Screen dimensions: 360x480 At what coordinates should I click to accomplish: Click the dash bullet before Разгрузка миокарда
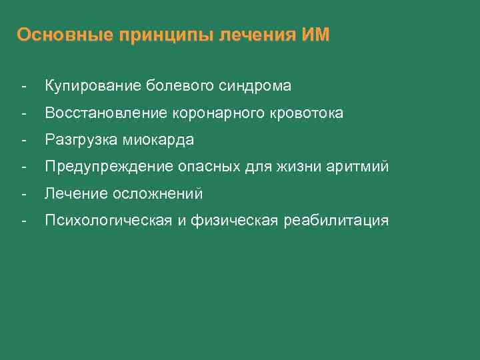pos(24,140)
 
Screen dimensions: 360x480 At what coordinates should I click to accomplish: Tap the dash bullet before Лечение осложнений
pos(24,194)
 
